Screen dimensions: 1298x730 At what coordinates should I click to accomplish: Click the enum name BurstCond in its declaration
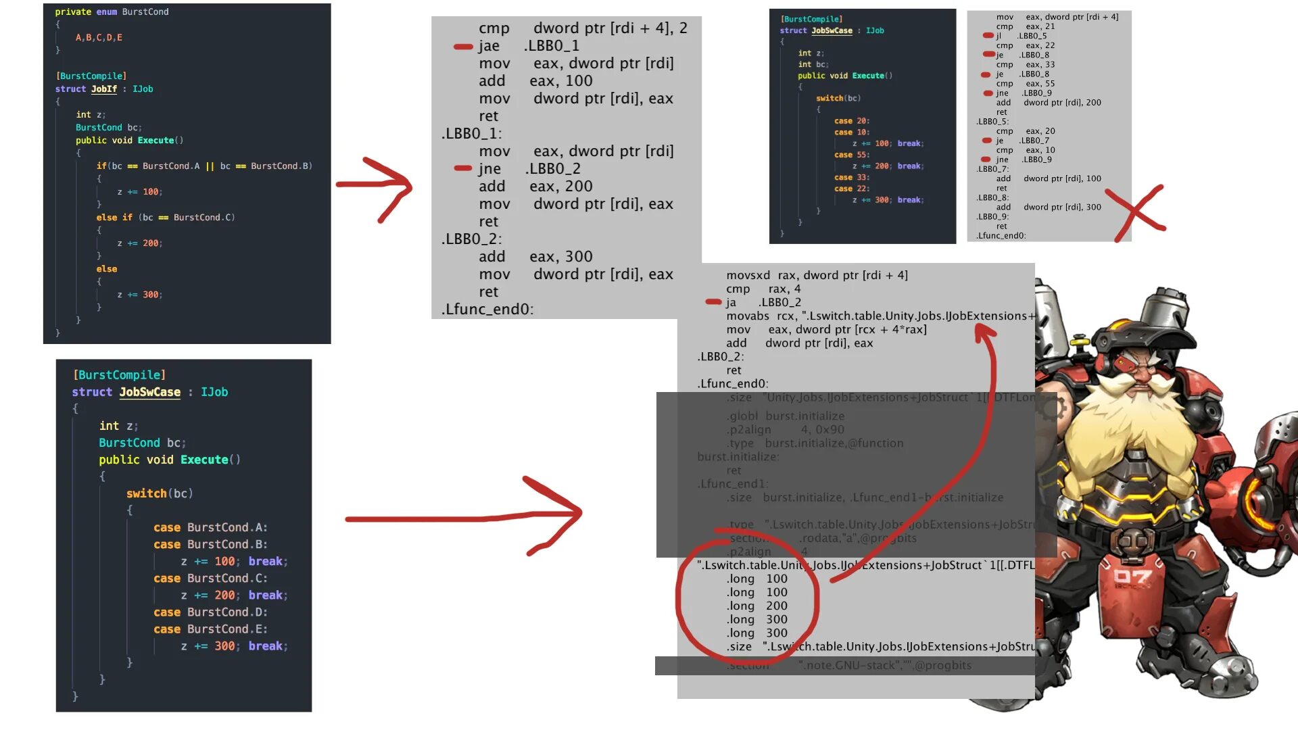pos(145,12)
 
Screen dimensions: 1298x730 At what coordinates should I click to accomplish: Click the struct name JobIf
pos(104,89)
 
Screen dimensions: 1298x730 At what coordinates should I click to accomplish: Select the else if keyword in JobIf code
pos(114,218)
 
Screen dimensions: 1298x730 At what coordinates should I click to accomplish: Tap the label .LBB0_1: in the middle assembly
pos(471,134)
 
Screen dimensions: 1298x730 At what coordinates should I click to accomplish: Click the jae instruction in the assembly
pos(489,46)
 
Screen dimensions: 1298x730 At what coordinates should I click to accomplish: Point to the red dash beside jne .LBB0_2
pos(463,168)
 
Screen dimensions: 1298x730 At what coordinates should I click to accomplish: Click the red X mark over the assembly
pos(1140,212)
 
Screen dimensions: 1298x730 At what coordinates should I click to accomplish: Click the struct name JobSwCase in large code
pos(149,392)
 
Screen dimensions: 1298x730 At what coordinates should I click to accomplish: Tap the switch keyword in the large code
pos(146,493)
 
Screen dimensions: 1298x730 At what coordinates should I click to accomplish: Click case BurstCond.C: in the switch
pos(210,579)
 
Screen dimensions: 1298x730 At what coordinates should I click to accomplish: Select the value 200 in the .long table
pos(776,606)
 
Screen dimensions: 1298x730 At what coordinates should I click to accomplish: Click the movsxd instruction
pos(748,276)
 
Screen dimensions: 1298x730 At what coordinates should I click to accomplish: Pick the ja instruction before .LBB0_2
pos(731,303)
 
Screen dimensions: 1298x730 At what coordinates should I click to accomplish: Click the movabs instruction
pos(748,316)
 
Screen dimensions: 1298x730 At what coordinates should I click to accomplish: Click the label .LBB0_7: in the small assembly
pos(992,169)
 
